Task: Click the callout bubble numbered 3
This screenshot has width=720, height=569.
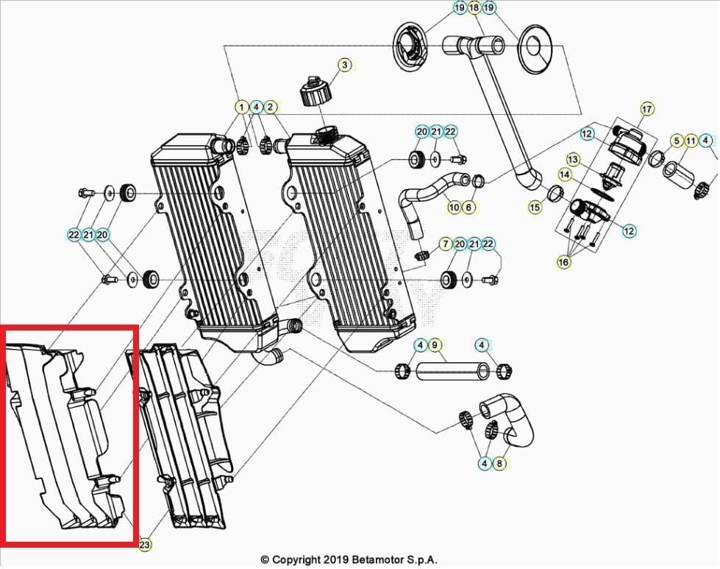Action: [344, 66]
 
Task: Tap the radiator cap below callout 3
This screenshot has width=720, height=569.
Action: [317, 93]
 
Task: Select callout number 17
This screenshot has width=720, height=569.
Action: [646, 110]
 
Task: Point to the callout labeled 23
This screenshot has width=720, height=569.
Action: [145, 545]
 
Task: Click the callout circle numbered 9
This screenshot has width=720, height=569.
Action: [434, 344]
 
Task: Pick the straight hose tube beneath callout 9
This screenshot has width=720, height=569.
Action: [452, 370]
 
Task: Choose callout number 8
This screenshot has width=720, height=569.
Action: [499, 464]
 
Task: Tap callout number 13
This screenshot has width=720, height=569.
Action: [573, 160]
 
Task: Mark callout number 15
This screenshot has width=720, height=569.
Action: [535, 208]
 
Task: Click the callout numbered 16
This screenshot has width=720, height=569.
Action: [565, 261]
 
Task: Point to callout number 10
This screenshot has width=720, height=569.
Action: [454, 208]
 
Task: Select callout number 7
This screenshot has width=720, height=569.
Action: [445, 244]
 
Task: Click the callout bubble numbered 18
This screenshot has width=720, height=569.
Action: [474, 8]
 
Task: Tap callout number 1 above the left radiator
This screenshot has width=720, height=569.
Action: [242, 107]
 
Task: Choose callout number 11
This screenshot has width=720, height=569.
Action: [691, 141]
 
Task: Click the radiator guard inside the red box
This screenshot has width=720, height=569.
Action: [66, 434]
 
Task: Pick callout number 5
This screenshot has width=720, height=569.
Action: [677, 141]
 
